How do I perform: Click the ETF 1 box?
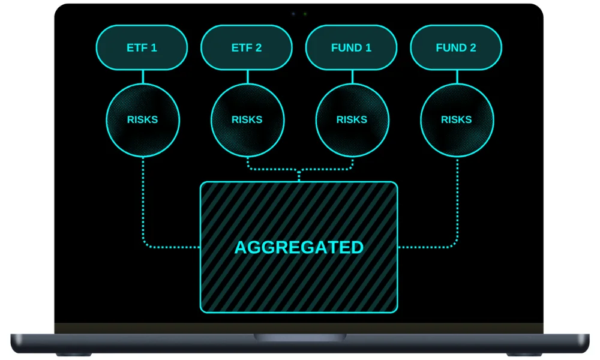coord(142,47)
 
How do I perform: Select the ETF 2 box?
coord(247,47)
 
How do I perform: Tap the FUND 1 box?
coord(351,47)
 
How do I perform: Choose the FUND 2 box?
coord(456,47)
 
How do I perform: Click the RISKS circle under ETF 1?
coord(142,119)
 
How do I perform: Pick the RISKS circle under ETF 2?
coord(247,119)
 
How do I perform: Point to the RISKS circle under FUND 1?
coord(352,119)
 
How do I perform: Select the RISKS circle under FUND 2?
coord(457,119)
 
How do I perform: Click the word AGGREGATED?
coord(299,247)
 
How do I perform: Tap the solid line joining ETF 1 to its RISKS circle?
coord(143,77)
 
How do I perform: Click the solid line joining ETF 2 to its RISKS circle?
coord(247,77)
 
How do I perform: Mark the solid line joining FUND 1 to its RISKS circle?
coord(352,77)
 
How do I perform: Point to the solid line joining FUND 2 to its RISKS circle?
coord(457,77)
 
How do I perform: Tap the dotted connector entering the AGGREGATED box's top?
coord(299,175)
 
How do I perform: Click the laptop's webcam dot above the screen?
coord(305,13)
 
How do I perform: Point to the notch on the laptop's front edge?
coord(299,338)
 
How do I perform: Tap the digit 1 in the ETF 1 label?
coord(154,47)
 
